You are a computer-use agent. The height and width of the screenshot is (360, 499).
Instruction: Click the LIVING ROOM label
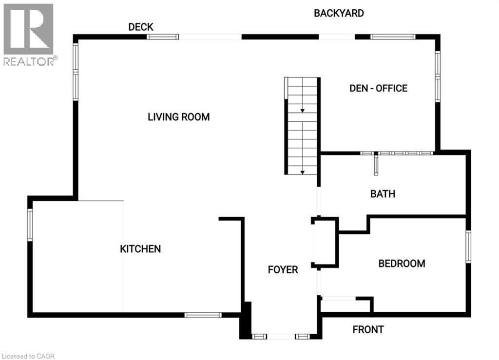[x=178, y=117]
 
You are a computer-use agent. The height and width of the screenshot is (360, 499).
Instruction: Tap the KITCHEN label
[x=140, y=249]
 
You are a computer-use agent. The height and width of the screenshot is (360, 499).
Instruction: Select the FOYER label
[x=283, y=270]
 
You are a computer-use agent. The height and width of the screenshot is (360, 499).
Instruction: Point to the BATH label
[x=383, y=194]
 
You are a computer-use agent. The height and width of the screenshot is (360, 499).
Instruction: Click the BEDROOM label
[x=402, y=264]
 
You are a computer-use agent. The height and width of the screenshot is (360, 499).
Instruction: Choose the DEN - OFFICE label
[x=378, y=88]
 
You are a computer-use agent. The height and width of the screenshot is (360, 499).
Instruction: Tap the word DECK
[x=141, y=27]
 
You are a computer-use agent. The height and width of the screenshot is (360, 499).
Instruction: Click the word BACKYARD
[x=339, y=13]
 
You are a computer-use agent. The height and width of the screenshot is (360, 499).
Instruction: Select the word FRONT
[x=368, y=329]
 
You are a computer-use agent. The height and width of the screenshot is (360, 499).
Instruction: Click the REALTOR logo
[x=29, y=35]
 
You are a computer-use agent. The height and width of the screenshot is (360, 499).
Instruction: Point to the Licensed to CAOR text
[x=28, y=356]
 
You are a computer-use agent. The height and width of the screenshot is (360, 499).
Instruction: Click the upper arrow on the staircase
[x=302, y=111]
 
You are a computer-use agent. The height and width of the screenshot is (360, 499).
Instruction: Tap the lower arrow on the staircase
[x=302, y=172]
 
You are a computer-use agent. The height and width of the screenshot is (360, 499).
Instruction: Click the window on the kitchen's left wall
[x=30, y=225]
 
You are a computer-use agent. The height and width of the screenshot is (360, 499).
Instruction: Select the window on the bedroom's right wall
[x=468, y=246]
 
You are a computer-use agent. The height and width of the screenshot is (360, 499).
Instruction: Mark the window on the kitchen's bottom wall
[x=203, y=315]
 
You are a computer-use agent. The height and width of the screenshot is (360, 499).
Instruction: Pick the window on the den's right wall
[x=438, y=76]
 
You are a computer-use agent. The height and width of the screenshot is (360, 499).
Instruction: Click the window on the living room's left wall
[x=76, y=72]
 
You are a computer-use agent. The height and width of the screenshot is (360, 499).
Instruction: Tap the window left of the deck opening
[x=163, y=37]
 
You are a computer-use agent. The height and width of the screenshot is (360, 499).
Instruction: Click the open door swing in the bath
[x=376, y=165]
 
